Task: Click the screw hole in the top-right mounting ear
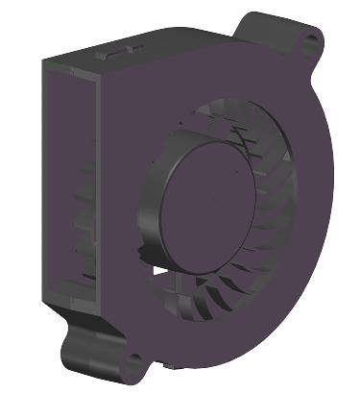tap(312, 40)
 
